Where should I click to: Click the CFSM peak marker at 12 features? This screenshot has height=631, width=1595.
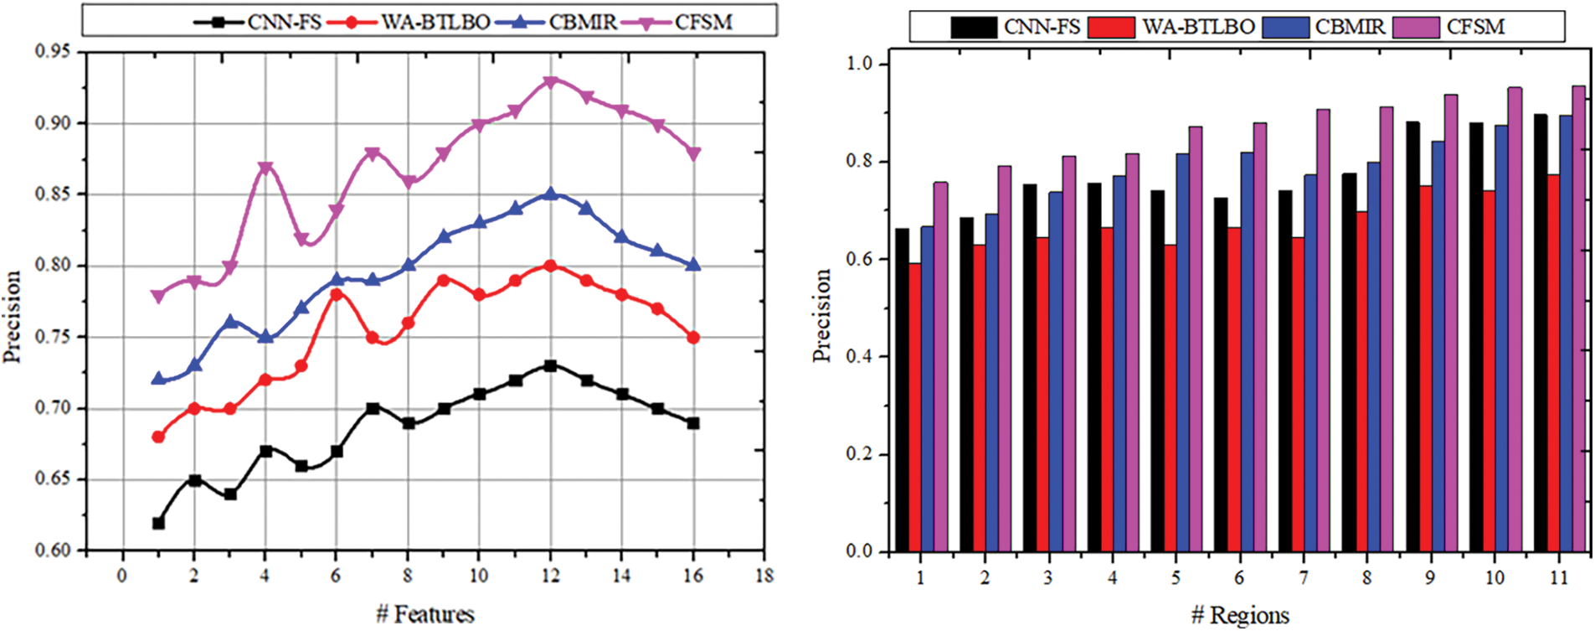pyautogui.click(x=550, y=82)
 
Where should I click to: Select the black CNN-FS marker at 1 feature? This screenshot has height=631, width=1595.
pyautogui.click(x=158, y=523)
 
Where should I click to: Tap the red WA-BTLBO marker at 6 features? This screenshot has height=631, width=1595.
pyautogui.click(x=337, y=294)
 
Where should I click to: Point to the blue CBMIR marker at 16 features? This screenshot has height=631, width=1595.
pyautogui.click(x=692, y=264)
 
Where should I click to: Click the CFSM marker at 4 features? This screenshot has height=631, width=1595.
pyautogui.click(x=265, y=168)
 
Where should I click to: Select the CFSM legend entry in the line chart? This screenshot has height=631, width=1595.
pyautogui.click(x=686, y=22)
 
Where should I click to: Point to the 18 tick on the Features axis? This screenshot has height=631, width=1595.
pyautogui.click(x=764, y=576)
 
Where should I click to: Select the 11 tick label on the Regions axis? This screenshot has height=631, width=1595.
pyautogui.click(x=1558, y=577)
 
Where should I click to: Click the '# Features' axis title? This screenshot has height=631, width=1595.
pyautogui.click(x=425, y=614)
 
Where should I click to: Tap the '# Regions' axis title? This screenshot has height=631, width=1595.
pyautogui.click(x=1240, y=616)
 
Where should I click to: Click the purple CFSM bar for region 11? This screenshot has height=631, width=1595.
pyautogui.click(x=1578, y=318)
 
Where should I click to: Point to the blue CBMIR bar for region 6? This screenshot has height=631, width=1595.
pyautogui.click(x=1247, y=352)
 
